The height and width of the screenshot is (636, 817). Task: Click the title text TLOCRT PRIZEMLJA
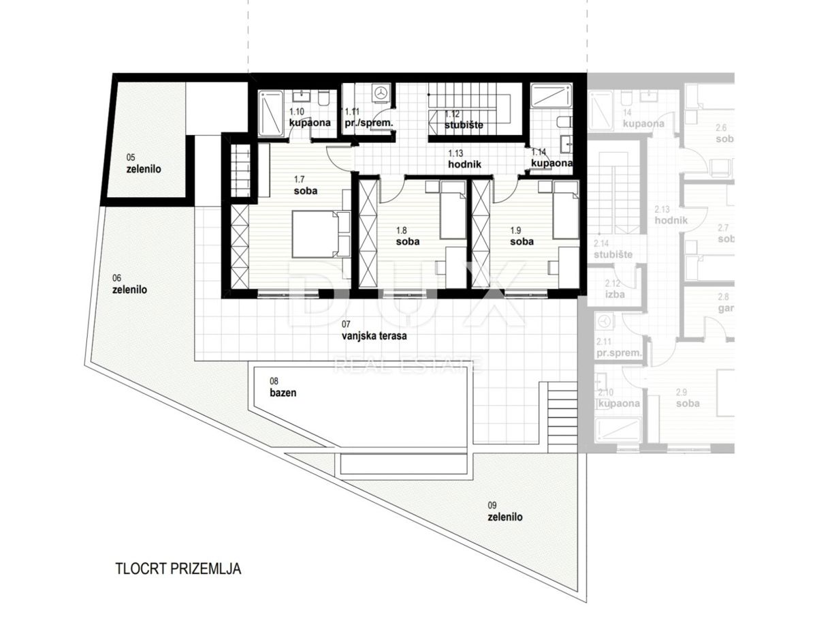point(178,568)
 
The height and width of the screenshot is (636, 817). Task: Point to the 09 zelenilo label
point(505,511)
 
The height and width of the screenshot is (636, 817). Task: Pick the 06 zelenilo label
point(129,284)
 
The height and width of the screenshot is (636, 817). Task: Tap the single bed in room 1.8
point(452,210)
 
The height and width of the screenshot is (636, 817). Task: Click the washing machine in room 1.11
point(381,92)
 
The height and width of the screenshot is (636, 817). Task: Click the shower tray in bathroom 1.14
point(551,95)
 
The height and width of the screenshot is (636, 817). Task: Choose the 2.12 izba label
point(613,288)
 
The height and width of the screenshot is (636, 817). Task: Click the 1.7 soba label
point(304,185)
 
